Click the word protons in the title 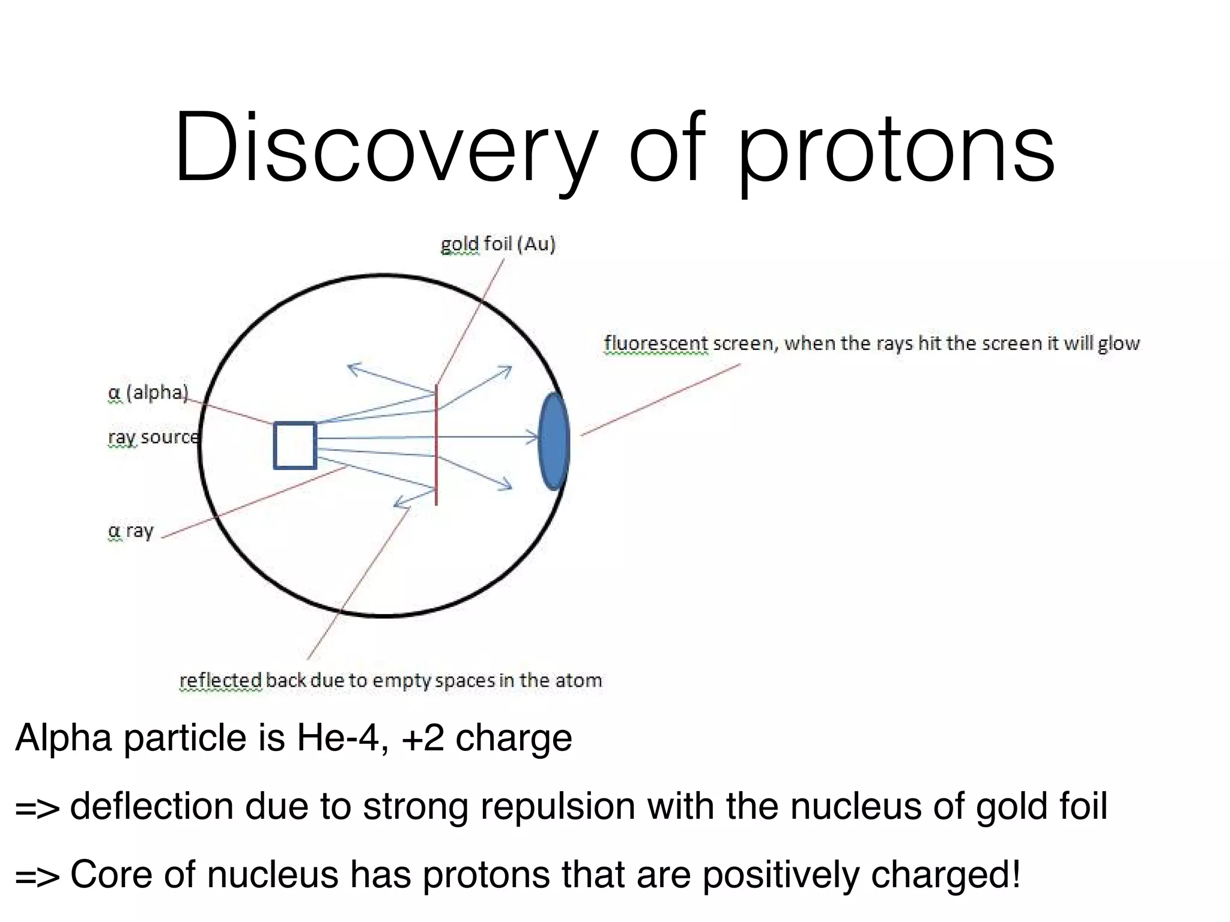895,150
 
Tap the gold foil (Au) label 498,244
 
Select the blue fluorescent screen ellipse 553,441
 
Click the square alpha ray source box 295,445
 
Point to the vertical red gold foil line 436,444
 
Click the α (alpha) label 148,393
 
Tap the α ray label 131,531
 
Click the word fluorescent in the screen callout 656,343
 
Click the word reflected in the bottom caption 220,680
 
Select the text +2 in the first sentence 423,738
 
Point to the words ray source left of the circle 153,437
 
